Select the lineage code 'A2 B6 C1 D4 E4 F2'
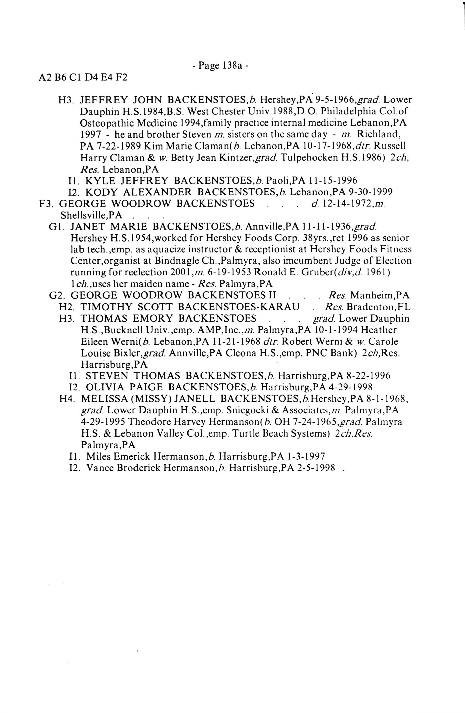coord(83,78)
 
